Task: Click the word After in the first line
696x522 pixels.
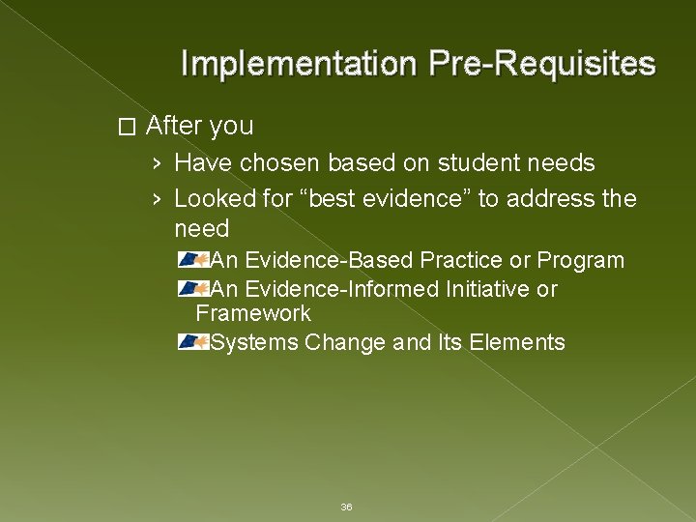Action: (x=172, y=126)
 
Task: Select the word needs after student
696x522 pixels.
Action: (x=560, y=162)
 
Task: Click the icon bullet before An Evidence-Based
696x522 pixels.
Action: (x=193, y=260)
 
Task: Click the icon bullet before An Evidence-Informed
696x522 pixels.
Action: (x=193, y=289)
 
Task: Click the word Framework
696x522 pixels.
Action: (x=253, y=313)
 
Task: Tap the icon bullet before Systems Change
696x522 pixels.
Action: (x=193, y=342)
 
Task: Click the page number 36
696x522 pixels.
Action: (x=347, y=507)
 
